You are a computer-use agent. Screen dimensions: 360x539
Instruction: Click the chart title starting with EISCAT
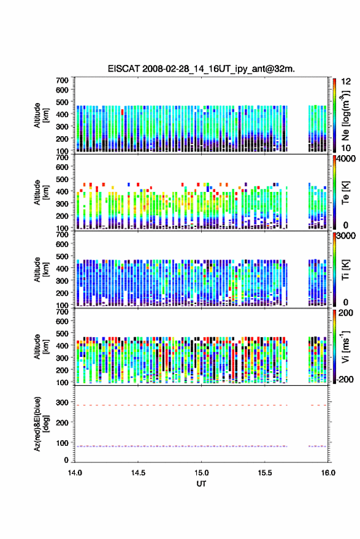[201, 69]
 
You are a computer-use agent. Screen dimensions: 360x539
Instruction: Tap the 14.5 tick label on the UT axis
[138, 473]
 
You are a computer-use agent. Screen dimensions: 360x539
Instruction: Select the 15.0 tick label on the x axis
[202, 473]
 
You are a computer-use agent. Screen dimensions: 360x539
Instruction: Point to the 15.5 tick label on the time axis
[265, 473]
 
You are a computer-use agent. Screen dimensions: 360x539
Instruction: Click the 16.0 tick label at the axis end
[328, 473]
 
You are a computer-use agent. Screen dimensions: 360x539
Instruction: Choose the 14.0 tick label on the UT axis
[75, 473]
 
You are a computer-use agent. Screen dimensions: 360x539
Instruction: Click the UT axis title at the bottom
[201, 484]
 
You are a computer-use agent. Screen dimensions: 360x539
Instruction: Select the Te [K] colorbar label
[345, 193]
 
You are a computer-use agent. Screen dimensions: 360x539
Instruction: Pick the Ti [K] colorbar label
[345, 270]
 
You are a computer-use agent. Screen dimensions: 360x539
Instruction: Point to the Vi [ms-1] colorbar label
[345, 346]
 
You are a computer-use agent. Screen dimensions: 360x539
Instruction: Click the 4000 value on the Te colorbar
[345, 159]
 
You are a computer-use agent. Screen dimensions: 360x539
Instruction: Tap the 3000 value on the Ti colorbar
[345, 236]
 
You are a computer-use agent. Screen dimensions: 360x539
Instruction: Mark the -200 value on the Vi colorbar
[345, 379]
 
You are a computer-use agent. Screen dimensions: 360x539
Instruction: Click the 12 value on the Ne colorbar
[346, 82]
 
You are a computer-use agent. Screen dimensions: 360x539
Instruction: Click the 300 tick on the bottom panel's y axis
[62, 402]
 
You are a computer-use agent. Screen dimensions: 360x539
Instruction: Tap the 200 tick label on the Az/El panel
[62, 423]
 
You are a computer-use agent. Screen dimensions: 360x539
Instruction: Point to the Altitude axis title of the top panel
[41, 115]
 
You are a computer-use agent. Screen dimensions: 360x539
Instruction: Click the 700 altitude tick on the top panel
[62, 80]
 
